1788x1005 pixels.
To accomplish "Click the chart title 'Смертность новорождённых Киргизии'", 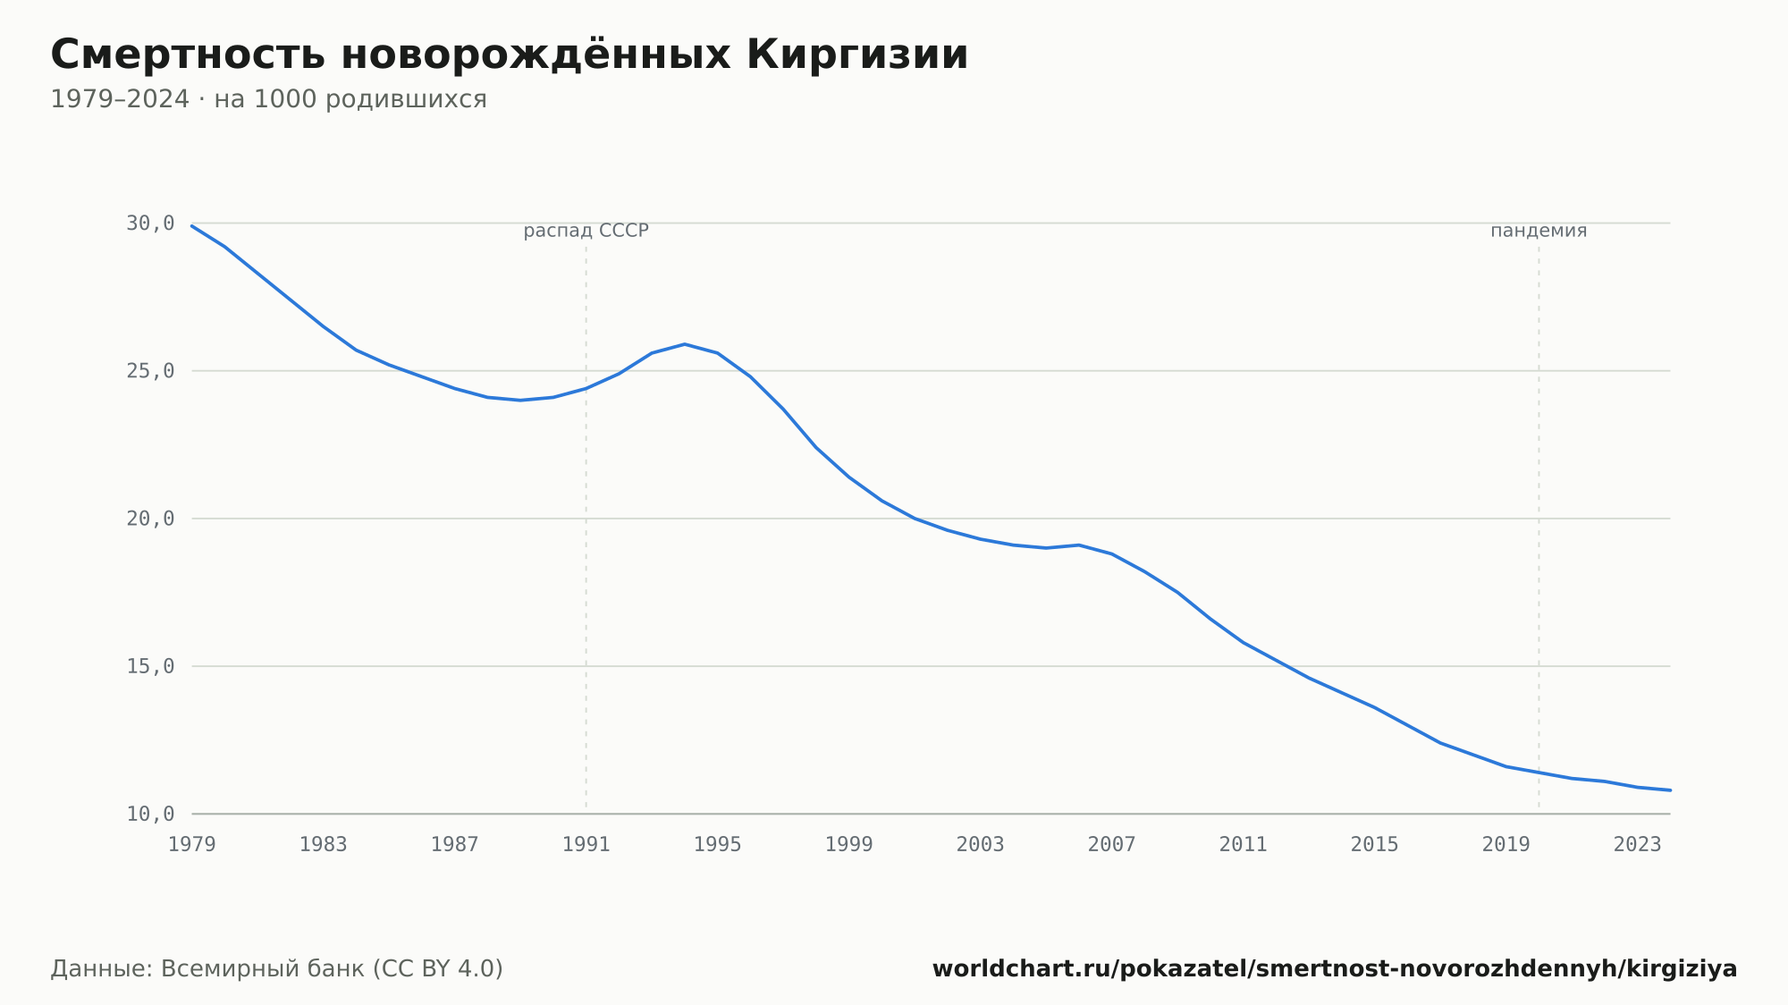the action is click(x=510, y=55).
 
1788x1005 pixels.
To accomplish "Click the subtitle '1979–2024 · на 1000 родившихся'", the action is click(x=268, y=99).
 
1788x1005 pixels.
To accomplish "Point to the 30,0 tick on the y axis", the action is click(x=150, y=224).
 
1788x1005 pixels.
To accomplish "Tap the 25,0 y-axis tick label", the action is click(x=150, y=371).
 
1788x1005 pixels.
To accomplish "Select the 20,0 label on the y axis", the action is click(x=150, y=519).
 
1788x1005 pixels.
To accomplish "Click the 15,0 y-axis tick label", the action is click(x=150, y=666).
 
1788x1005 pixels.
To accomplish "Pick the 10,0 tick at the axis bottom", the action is click(x=150, y=814).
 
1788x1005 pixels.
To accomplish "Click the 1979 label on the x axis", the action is click(x=192, y=845).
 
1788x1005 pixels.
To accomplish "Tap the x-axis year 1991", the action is click(x=586, y=845).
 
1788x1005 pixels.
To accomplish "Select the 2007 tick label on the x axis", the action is click(x=1112, y=845).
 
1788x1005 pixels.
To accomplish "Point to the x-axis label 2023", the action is click(x=1638, y=845).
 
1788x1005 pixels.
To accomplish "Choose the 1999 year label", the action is click(x=849, y=845).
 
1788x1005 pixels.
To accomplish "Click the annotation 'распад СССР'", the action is click(x=586, y=231).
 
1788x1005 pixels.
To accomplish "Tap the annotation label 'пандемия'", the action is click(x=1539, y=231).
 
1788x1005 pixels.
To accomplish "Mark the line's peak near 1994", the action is click(x=685, y=344).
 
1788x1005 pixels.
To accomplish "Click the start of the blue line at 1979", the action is click(x=192, y=225).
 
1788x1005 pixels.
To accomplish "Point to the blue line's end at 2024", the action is click(x=1670, y=790).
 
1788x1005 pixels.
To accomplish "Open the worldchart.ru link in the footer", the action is click(x=1335, y=969).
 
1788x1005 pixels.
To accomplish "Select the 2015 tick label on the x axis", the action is click(x=1375, y=845).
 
